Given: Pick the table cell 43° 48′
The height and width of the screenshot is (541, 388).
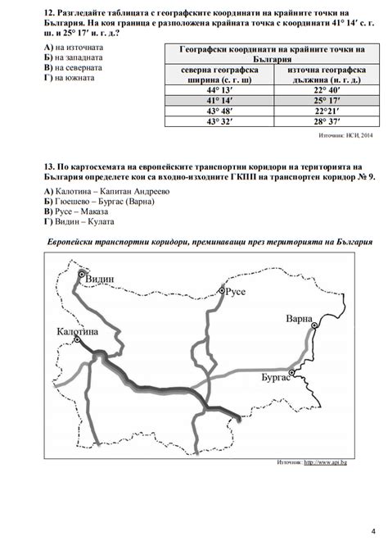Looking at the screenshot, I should click(219, 111).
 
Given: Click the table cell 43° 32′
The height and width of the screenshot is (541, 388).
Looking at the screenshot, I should click(219, 121).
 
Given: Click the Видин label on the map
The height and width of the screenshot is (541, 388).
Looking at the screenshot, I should click(100, 279).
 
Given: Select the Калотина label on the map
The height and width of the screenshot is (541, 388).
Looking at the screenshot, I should click(78, 331).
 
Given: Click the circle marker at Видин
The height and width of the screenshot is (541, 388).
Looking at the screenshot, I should click(81, 275).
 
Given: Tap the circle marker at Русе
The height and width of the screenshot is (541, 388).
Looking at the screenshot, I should click(221, 289).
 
